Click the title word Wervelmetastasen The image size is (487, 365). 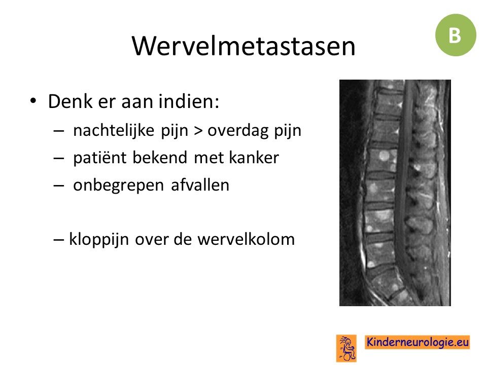coord(243,46)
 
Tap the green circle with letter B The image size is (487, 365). coord(456,35)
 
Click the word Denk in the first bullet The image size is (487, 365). coord(70,101)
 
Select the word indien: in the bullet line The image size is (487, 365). coord(189,101)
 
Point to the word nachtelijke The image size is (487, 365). coord(114,130)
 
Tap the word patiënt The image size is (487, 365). coord(100,158)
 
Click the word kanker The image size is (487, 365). coord(254,157)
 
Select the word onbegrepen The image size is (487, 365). coord(118,186)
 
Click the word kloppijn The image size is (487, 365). coord(99,240)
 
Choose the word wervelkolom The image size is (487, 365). coord(246,239)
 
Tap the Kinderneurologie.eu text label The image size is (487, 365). coord(418,342)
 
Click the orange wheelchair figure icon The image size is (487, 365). coord(346,348)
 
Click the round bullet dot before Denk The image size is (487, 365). coord(33,101)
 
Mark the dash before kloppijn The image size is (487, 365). coord(59,240)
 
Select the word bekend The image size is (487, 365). coord(160,157)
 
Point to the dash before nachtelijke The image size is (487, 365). coord(59,131)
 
